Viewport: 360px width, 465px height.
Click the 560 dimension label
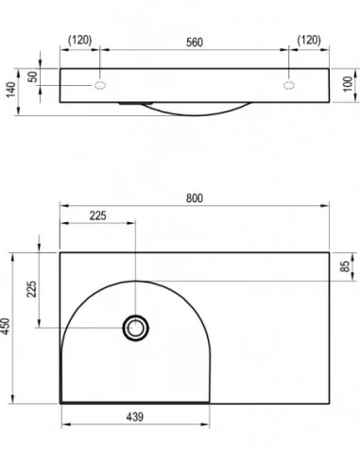tap(195, 43)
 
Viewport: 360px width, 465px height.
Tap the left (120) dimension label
tap(80, 40)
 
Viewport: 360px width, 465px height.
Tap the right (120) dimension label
tap(309, 40)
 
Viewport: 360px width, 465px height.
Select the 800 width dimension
tap(195, 198)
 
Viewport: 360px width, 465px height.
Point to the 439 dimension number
tap(135, 417)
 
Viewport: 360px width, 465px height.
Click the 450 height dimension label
tap(6, 326)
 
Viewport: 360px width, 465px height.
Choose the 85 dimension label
tap(346, 267)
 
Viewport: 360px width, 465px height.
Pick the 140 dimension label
tap(10, 90)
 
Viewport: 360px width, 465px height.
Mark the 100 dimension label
tap(348, 84)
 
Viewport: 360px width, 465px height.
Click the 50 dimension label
tap(32, 77)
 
